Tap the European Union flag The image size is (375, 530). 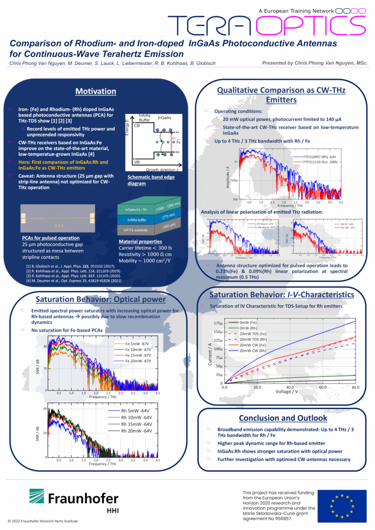(x=342, y=505)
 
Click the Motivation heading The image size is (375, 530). (x=96, y=91)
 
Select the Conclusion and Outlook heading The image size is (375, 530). (x=283, y=418)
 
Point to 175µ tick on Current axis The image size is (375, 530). (x=218, y=323)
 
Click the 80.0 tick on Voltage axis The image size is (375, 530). (x=355, y=387)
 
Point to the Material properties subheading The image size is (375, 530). (x=140, y=241)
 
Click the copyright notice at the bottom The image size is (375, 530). (x=43, y=521)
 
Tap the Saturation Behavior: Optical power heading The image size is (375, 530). (x=101, y=299)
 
